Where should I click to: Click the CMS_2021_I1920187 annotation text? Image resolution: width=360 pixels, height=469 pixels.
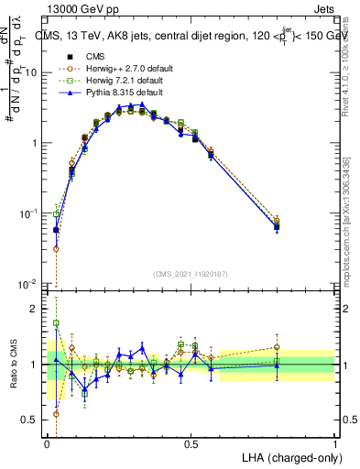(190, 274)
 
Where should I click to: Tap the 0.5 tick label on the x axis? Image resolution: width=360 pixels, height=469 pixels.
(191, 442)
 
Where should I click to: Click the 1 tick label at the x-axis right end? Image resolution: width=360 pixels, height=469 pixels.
(334, 442)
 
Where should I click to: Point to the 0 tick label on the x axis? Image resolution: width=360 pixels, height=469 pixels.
(48, 442)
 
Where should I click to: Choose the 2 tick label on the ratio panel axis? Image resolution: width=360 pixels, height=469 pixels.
(35, 310)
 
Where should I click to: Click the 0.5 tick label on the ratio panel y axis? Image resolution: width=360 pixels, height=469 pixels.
(31, 420)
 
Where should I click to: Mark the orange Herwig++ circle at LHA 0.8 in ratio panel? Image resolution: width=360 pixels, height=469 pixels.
(277, 347)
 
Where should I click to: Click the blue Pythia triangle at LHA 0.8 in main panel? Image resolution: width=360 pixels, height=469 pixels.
(277, 227)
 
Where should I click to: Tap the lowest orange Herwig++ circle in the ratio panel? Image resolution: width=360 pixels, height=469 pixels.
(56, 414)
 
